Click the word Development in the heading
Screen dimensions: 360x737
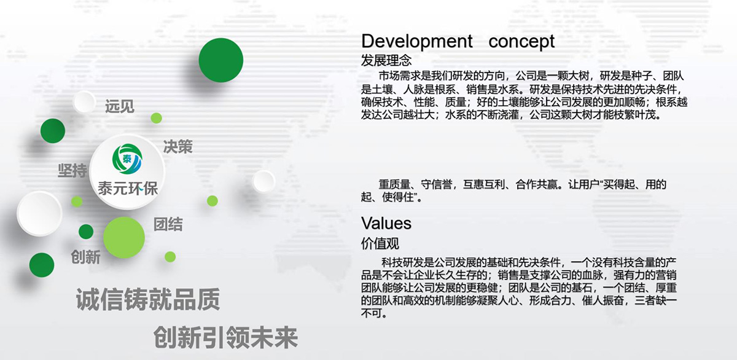pyautogui.click(x=417, y=42)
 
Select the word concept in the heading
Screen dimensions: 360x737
pyautogui.click(x=521, y=42)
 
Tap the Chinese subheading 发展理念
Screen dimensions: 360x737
pyautogui.click(x=386, y=61)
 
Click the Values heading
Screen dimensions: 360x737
pyautogui.click(x=386, y=222)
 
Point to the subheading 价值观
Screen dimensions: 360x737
pyautogui.click(x=380, y=243)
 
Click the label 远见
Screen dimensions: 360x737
pyautogui.click(x=119, y=106)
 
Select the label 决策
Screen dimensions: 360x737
pyautogui.click(x=177, y=146)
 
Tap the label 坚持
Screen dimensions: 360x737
pyautogui.click(x=72, y=170)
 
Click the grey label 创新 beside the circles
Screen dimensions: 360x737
pyautogui.click(x=85, y=257)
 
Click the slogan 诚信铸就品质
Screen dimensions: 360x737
pyautogui.click(x=147, y=301)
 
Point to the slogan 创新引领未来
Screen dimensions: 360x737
pyautogui.click(x=225, y=337)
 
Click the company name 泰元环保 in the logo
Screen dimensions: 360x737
pyautogui.click(x=128, y=188)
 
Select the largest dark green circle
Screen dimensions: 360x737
pyautogui.click(x=221, y=60)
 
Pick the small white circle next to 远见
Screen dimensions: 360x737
pyautogui.click(x=84, y=101)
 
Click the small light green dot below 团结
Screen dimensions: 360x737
pyautogui.click(x=170, y=256)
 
